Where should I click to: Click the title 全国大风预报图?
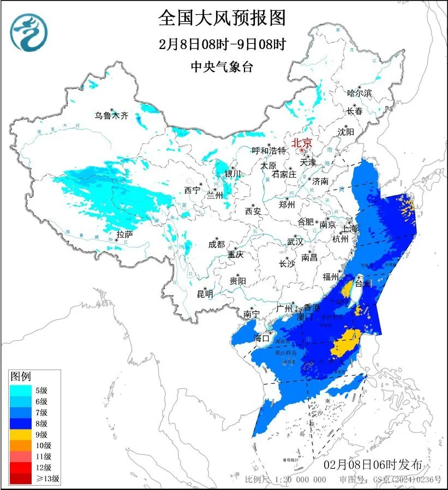tap(222, 18)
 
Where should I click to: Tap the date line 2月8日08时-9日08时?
tap(222, 44)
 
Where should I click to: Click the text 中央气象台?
tap(222, 67)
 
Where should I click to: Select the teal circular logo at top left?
tap(29, 32)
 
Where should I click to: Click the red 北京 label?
tap(302, 143)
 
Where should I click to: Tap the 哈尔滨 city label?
tap(359, 93)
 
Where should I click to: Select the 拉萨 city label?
tap(124, 235)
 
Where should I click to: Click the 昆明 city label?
tap(205, 294)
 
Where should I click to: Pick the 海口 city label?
tap(261, 338)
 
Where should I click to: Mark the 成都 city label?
tap(216, 244)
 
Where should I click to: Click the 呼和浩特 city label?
tap(268, 150)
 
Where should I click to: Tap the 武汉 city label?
tap(296, 241)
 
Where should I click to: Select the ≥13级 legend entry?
tap(35, 479)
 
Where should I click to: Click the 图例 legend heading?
tap(21, 377)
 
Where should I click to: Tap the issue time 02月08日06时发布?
tap(373, 465)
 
